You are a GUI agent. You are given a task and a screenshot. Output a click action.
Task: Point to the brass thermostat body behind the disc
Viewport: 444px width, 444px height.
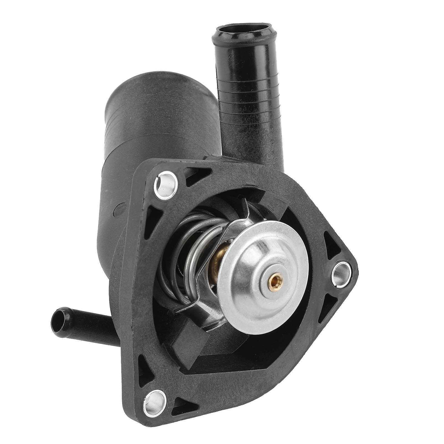[x=219, y=258]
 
